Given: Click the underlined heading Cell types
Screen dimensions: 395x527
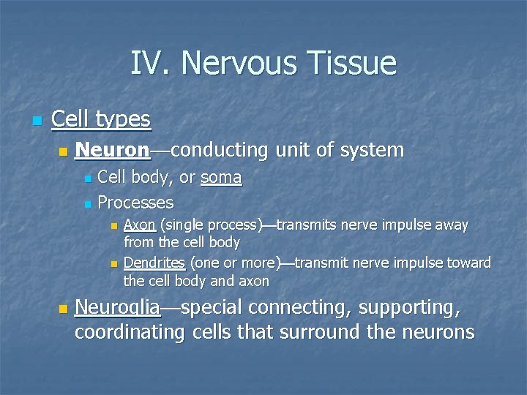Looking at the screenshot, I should (x=101, y=119).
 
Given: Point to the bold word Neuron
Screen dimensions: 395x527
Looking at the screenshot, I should (x=112, y=151).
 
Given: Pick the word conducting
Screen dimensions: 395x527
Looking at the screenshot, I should (x=219, y=151).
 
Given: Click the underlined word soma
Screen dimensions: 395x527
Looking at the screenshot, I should (x=221, y=178).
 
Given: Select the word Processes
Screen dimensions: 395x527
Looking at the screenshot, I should (x=135, y=202).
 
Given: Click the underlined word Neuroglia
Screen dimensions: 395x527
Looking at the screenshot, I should (x=117, y=308).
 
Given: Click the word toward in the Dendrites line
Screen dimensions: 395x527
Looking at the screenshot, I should (x=467, y=263).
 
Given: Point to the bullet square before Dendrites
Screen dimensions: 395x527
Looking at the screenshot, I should (x=113, y=263).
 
